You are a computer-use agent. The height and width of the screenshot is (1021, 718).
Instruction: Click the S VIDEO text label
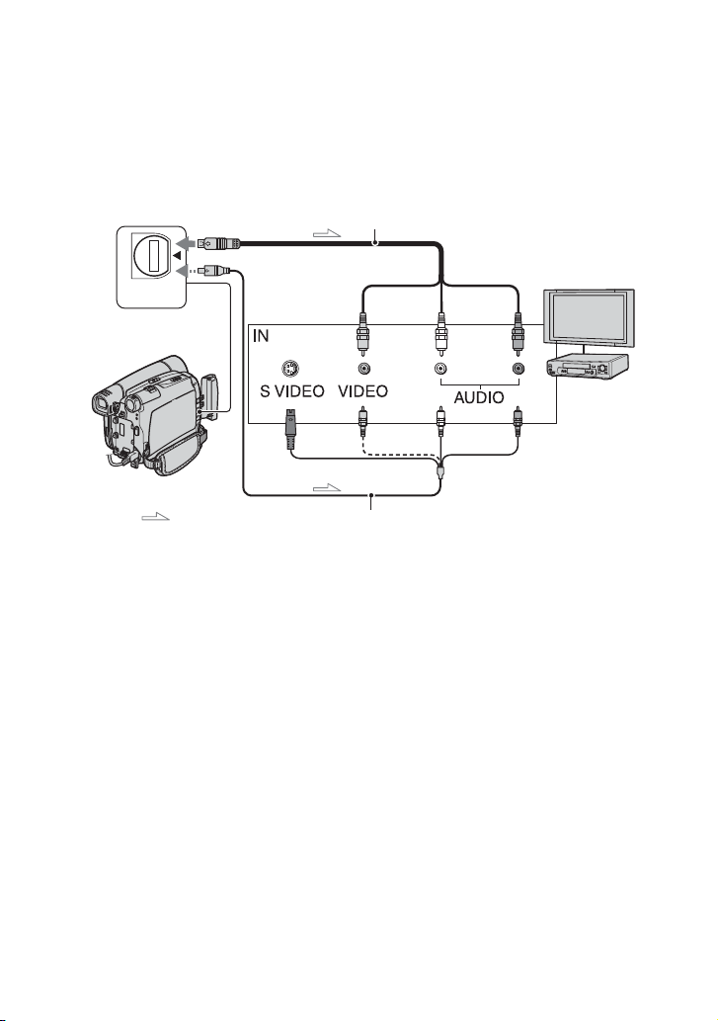point(291,391)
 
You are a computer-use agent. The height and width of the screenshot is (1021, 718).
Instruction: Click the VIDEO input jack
point(364,367)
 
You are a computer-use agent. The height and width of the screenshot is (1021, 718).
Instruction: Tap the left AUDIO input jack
point(439,367)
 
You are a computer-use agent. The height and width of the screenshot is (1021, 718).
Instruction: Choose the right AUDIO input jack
point(516,367)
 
